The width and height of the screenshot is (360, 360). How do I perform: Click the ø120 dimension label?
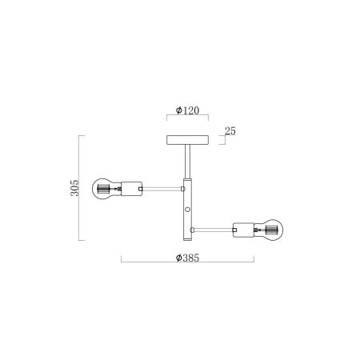(186, 111)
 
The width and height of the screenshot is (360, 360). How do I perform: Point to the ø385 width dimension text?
(187, 258)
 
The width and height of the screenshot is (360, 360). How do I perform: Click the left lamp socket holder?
(130, 190)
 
